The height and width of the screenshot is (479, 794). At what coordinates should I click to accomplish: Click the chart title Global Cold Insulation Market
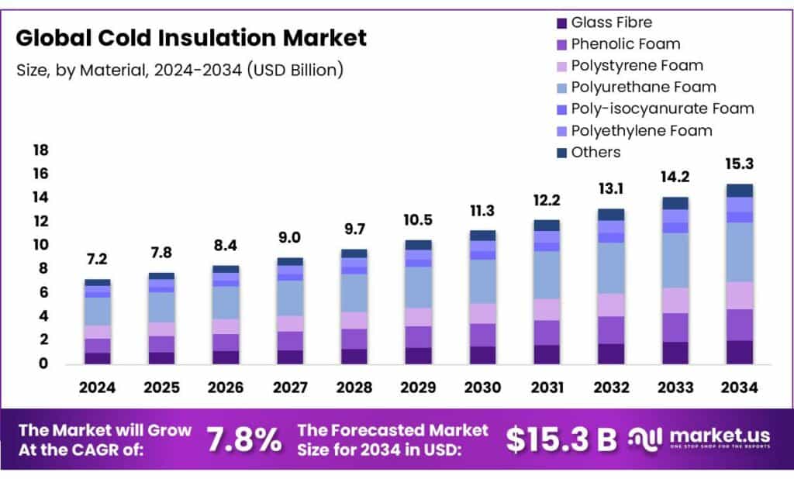(x=192, y=37)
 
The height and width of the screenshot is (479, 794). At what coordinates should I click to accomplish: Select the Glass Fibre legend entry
(x=611, y=22)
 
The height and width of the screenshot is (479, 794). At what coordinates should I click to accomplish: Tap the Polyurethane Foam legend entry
(x=643, y=87)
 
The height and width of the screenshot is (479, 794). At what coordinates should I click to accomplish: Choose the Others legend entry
(x=595, y=152)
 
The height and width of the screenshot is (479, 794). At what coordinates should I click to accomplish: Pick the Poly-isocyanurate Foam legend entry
(x=661, y=109)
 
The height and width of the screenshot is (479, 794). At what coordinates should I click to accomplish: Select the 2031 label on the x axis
(x=546, y=388)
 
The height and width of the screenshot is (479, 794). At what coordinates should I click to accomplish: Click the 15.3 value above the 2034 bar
(x=739, y=164)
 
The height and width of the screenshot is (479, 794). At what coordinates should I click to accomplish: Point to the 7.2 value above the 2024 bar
(x=98, y=259)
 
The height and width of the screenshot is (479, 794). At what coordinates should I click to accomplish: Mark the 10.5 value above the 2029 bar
(x=419, y=220)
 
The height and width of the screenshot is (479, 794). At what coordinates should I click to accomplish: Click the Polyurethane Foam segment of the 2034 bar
(x=739, y=252)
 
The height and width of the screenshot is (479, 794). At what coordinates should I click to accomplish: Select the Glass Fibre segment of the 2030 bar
(x=483, y=355)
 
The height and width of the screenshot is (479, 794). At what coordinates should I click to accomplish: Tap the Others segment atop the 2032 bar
(x=611, y=215)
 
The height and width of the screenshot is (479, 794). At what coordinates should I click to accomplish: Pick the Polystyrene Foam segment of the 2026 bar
(x=226, y=326)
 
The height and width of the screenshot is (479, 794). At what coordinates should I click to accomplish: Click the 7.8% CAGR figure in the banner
(x=244, y=439)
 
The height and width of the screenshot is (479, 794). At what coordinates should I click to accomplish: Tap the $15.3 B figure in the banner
(x=561, y=439)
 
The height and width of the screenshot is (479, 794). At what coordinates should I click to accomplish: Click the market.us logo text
(x=720, y=436)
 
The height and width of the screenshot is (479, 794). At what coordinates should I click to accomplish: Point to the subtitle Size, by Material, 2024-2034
(x=179, y=70)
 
